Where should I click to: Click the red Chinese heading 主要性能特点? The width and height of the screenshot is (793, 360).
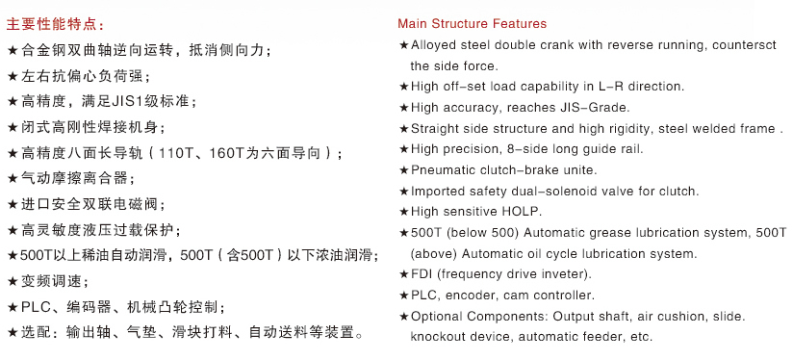coord(55,24)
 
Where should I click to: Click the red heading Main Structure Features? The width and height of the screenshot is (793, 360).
coord(472,24)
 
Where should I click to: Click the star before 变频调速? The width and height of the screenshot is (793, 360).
coord(13,282)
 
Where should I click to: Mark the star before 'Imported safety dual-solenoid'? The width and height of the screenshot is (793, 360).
coord(403,192)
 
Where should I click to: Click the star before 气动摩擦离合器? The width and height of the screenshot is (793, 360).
coord(13,178)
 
